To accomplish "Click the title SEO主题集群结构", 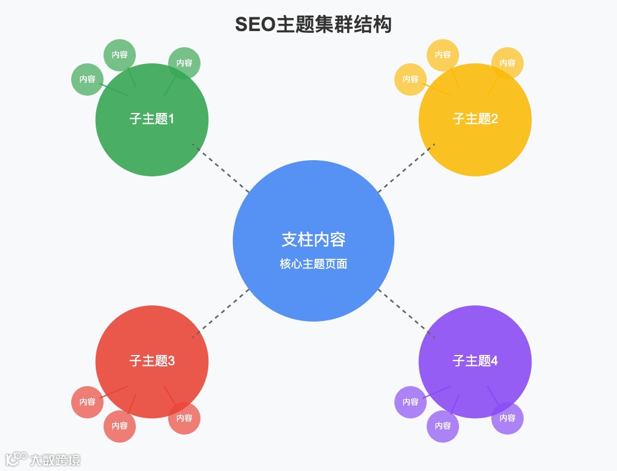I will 313,25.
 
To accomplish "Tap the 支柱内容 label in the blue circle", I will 313,239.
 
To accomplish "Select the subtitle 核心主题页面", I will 313,264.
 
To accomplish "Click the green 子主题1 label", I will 151,118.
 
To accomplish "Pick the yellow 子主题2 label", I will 475,118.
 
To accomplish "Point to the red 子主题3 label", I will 151,361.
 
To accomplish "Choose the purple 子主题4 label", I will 475,361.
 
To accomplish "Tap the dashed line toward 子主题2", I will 406,168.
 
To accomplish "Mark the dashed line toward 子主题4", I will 406,314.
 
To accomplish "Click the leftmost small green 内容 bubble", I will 87,79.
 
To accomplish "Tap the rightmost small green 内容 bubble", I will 184,63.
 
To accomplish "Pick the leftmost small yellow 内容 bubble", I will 411,79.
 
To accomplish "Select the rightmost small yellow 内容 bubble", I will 507,63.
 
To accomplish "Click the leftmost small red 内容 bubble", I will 87,402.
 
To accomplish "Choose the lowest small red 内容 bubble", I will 120,426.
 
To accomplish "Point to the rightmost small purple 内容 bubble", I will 507,418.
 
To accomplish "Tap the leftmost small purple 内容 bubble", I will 411,402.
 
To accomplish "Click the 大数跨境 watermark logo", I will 43,459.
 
